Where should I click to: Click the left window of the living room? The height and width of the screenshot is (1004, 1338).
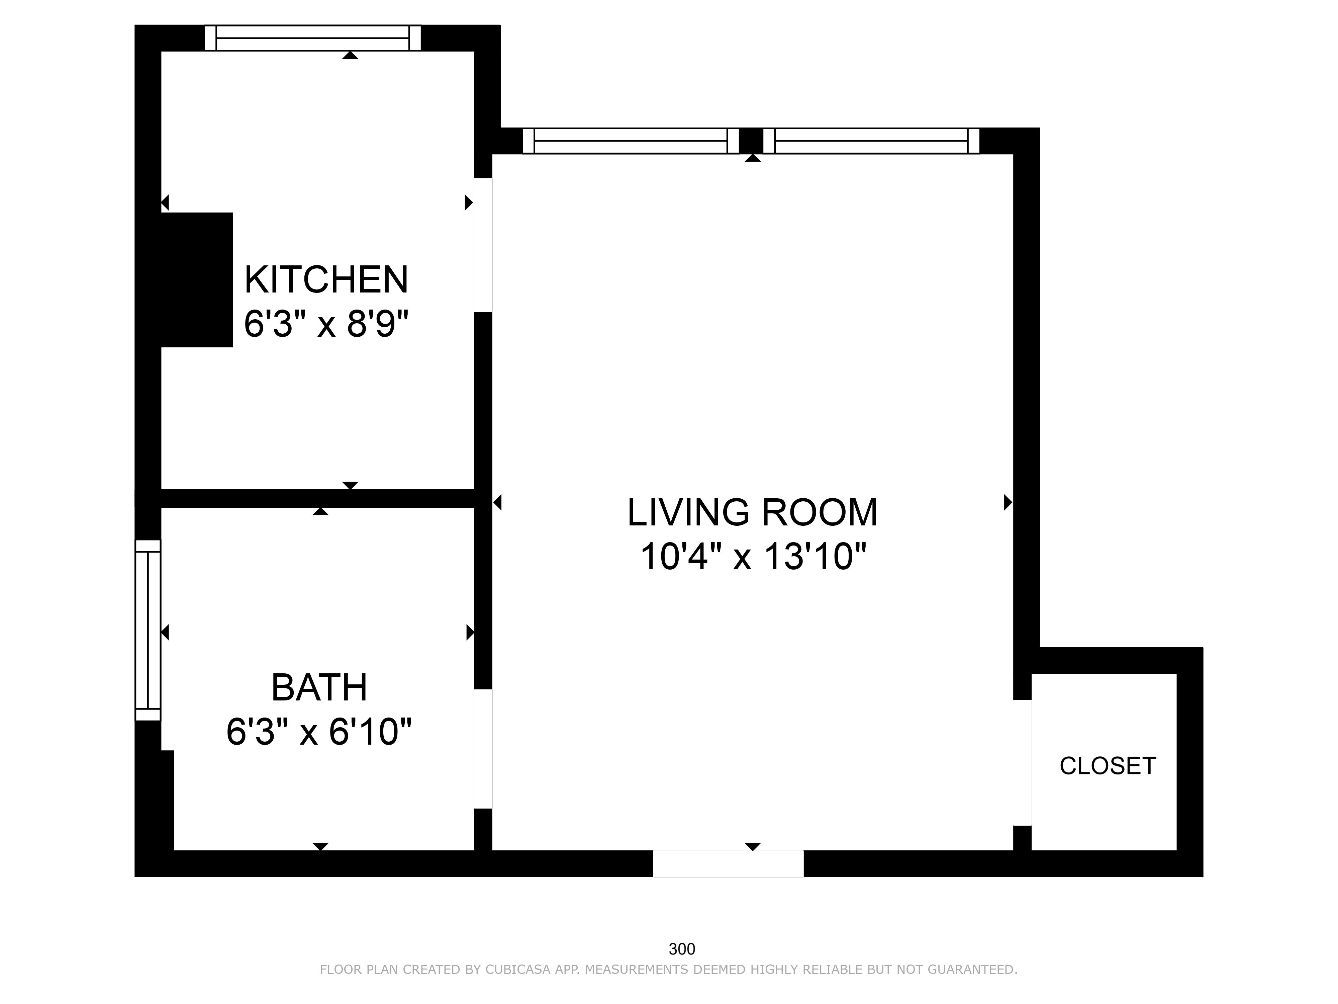[x=631, y=141]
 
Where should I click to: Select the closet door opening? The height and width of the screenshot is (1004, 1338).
[x=1022, y=762]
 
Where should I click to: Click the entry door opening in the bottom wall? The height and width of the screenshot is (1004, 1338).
[x=728, y=863]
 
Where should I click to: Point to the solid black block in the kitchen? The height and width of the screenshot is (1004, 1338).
[x=197, y=279]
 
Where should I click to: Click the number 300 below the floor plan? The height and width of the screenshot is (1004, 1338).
[x=682, y=949]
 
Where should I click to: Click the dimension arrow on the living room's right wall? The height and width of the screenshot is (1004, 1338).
[x=1008, y=502]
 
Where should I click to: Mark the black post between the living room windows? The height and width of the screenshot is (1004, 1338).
[x=751, y=141]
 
